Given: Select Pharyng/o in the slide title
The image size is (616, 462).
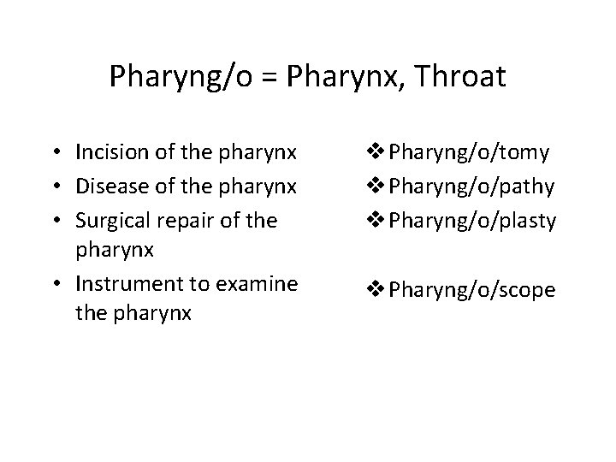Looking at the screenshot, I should (x=181, y=78).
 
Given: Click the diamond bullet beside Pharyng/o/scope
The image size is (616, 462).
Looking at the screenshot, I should (x=376, y=290).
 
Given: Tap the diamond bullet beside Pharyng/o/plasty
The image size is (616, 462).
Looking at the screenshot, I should (x=376, y=220).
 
